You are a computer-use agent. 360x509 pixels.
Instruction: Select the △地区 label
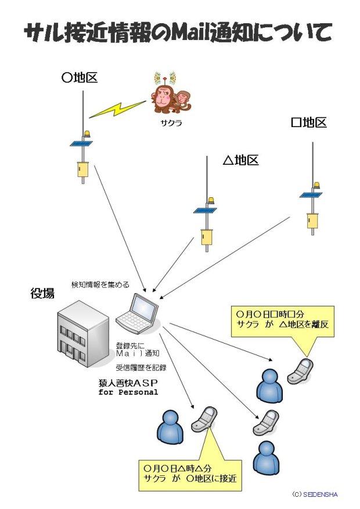point(240,160)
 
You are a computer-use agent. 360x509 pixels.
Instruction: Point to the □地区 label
point(309,122)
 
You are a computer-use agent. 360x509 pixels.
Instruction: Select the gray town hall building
point(82,334)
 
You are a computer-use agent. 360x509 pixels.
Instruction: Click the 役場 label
point(42,294)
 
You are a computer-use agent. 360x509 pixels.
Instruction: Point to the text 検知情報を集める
point(100,284)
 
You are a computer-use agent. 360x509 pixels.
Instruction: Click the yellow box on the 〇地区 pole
point(82,169)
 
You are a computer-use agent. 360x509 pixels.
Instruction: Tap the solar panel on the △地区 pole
point(205,210)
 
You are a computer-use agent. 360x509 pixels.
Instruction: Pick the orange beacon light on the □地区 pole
point(316,185)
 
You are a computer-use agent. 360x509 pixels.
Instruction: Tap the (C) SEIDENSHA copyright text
point(315,494)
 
